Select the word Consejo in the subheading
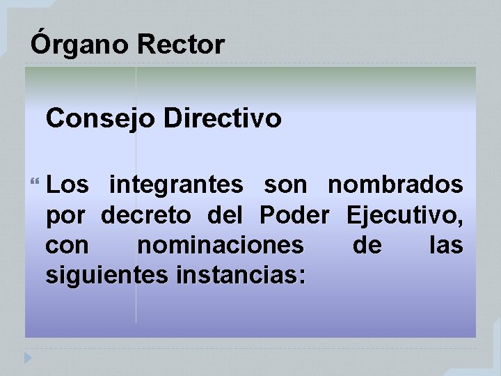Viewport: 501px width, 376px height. (x=101, y=118)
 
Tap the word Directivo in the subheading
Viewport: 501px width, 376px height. (x=223, y=118)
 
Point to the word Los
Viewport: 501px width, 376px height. (x=68, y=185)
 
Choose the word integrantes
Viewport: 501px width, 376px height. (x=176, y=185)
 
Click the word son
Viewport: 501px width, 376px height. (x=285, y=185)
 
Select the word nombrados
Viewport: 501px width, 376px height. (x=395, y=185)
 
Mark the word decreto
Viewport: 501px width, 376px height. (x=145, y=216)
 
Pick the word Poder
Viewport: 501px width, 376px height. (x=294, y=216)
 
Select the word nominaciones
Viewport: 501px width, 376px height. (x=220, y=246)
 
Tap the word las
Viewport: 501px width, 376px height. (x=446, y=246)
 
